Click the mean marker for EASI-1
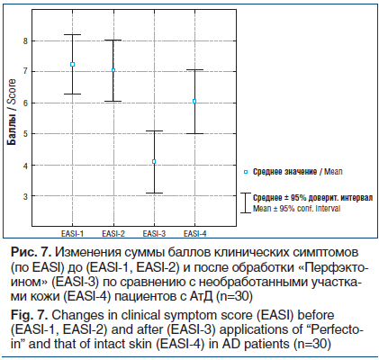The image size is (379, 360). tap(72, 64)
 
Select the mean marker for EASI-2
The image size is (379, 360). tap(113, 70)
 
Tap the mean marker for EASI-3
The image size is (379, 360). tap(154, 162)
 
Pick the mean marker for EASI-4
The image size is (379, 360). tap(194, 102)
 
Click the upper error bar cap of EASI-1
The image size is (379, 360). tap(72, 34)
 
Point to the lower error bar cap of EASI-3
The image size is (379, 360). tap(154, 193)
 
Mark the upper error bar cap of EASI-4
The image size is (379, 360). tap(194, 70)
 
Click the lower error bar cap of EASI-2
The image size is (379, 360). tap(113, 101)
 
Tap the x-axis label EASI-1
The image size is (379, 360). tap(72, 233)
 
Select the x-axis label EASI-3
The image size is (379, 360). tap(154, 233)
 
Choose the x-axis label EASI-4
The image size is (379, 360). tap(195, 233)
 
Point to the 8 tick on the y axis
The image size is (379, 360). tap(25, 40)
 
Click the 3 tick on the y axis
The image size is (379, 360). tap(25, 196)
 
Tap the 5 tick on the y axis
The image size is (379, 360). tap(25, 134)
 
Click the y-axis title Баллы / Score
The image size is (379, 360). tap(12, 112)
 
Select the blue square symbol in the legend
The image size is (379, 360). tap(246, 172)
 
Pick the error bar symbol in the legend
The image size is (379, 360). tap(246, 202)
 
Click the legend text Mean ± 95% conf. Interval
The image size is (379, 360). tap(296, 208)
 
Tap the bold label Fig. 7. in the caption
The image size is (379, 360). tap(30, 315)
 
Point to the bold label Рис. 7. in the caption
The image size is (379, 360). tap(32, 252)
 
